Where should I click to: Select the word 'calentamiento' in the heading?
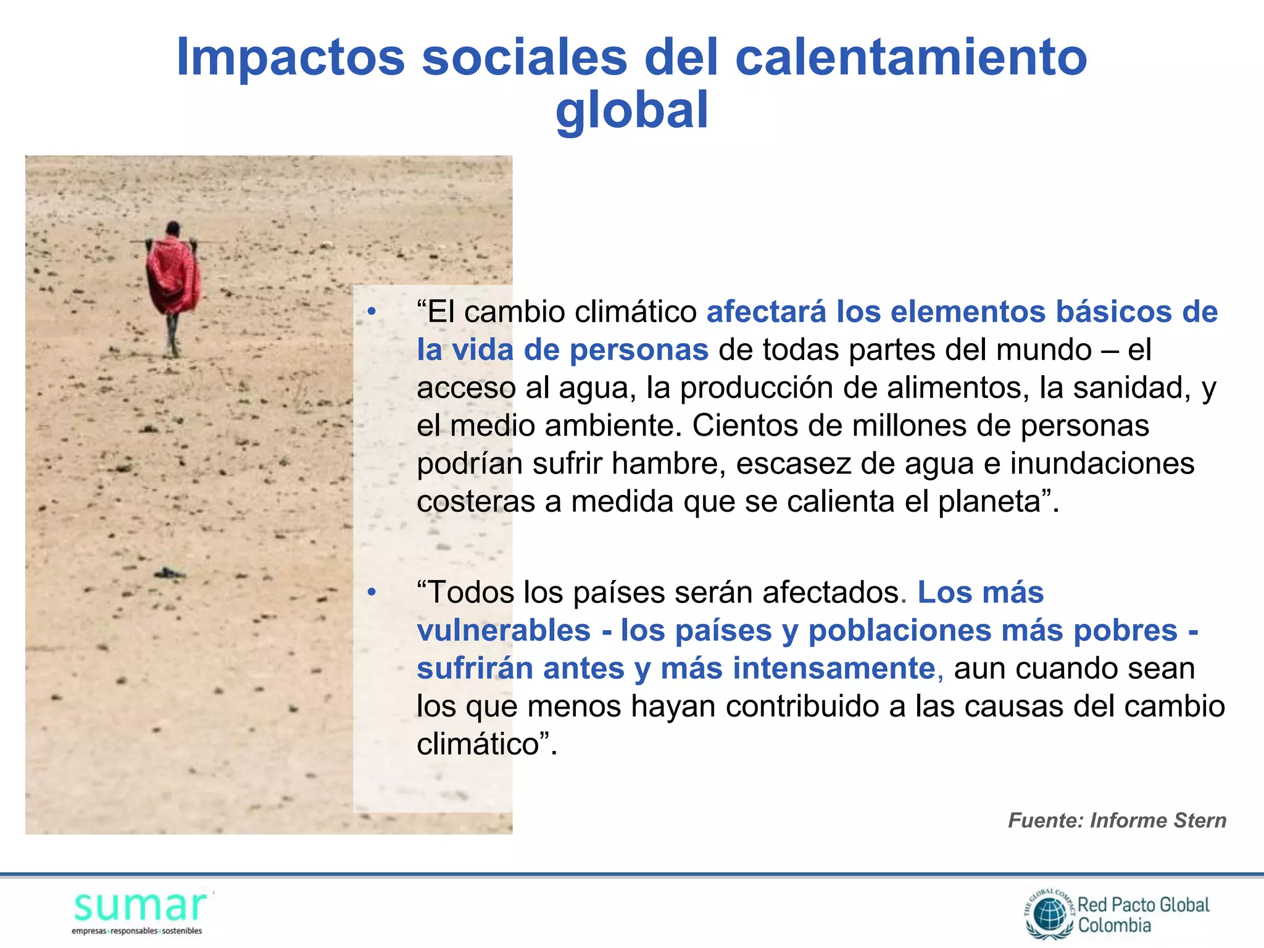point(910,57)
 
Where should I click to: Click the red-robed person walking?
point(173,281)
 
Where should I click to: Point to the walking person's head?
point(173,229)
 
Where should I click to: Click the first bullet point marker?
point(371,312)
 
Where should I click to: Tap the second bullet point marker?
point(371,592)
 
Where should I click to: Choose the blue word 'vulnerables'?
point(504,631)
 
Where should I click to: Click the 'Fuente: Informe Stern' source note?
point(1116,820)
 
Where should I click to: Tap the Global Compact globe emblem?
point(1050,915)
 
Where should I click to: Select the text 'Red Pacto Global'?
point(1143,905)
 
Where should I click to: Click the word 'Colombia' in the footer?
point(1114,925)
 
